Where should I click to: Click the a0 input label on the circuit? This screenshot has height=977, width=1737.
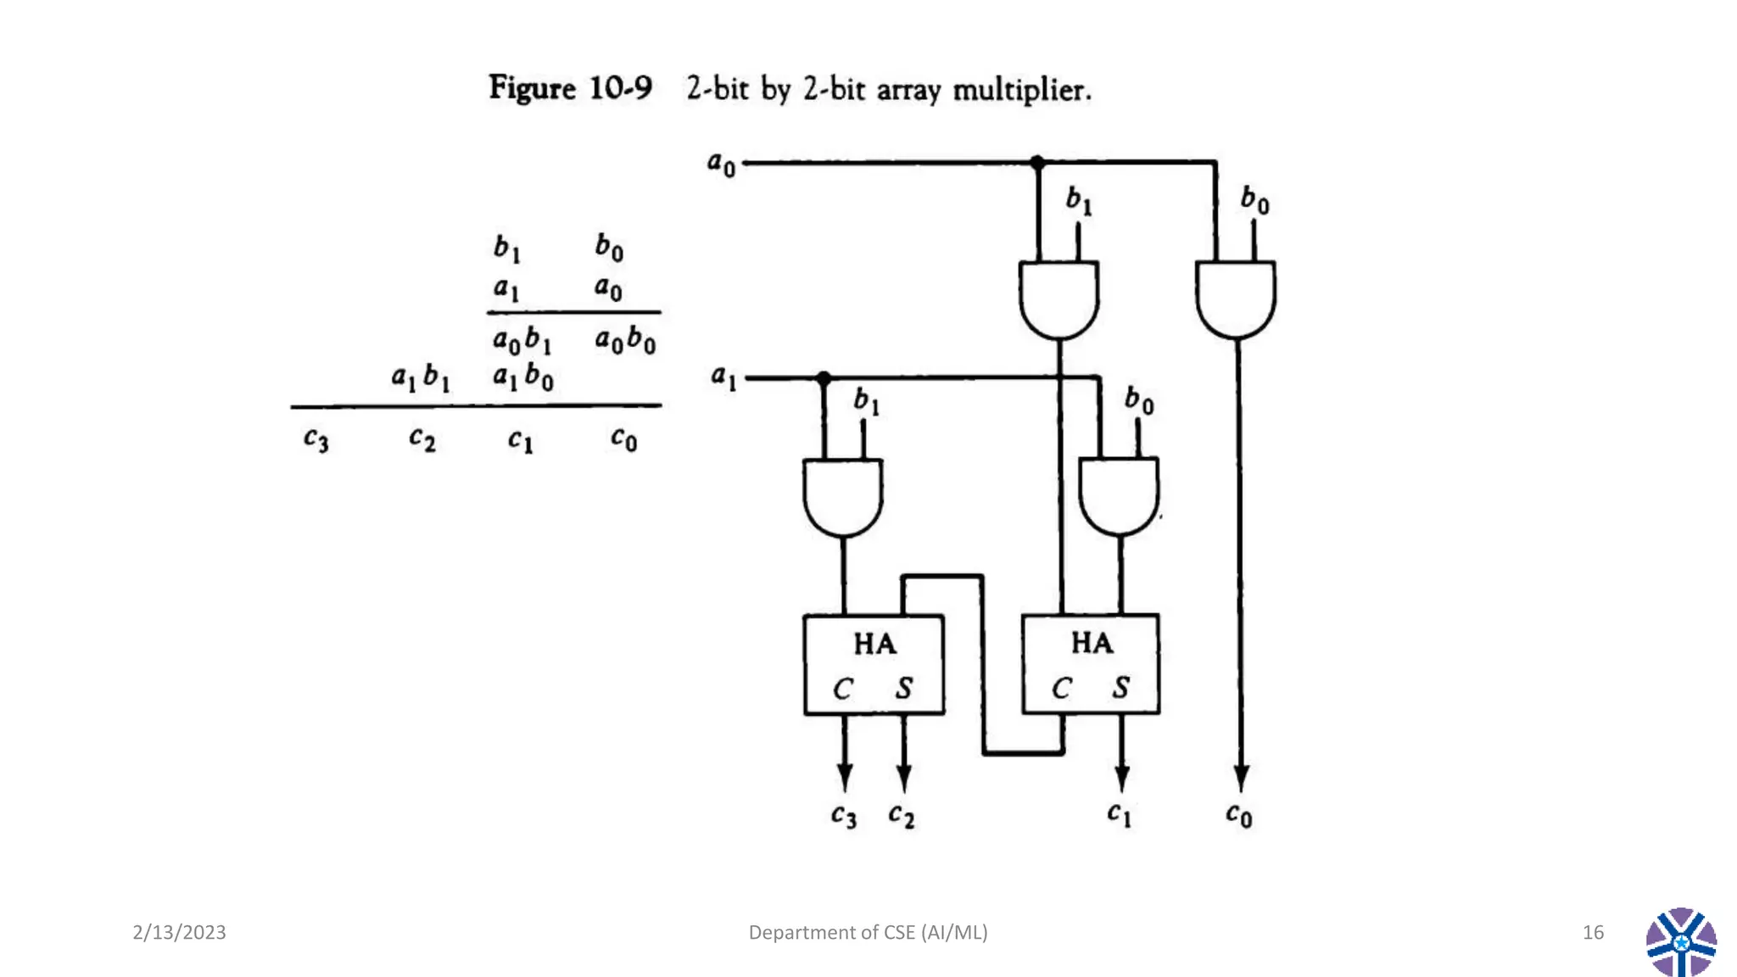(x=722, y=163)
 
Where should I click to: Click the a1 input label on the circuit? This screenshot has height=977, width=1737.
(x=723, y=377)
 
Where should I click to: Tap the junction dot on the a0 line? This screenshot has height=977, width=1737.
(x=1037, y=162)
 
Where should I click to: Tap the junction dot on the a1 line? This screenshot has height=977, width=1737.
(x=824, y=378)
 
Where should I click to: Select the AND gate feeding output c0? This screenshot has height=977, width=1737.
(x=1235, y=299)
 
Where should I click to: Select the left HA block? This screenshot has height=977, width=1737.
(x=874, y=664)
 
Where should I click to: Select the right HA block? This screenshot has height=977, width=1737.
(x=1091, y=664)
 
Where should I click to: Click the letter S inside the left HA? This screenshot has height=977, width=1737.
(x=904, y=688)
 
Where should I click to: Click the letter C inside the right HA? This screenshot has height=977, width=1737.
(x=1061, y=688)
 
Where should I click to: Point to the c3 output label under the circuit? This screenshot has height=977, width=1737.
(x=843, y=816)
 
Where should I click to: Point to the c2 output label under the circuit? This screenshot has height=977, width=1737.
(x=901, y=816)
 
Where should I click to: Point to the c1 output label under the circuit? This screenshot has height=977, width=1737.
(x=1119, y=814)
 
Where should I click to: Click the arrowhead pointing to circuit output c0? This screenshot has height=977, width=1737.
(x=1241, y=777)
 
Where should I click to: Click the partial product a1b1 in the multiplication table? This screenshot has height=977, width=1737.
(x=421, y=377)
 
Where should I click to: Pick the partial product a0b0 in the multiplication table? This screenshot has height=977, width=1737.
(x=625, y=340)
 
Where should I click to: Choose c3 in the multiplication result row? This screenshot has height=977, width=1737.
(x=316, y=439)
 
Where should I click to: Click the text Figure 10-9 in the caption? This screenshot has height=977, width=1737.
(x=570, y=88)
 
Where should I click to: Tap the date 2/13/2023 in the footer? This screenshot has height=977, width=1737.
(x=179, y=932)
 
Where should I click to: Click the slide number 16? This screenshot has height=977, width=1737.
(x=1593, y=932)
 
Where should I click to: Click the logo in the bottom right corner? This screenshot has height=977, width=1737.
(x=1681, y=941)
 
